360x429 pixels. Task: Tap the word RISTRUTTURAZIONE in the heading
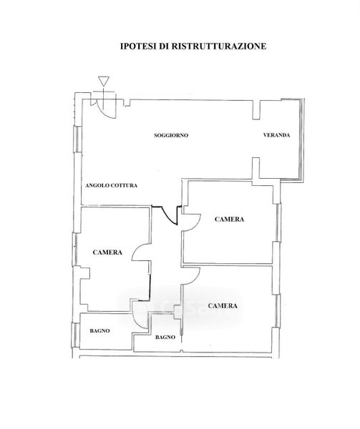coord(219,46)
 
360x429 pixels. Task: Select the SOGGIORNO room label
coord(171,135)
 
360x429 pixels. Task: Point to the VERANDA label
coord(276,135)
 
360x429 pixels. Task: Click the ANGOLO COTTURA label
coord(111,185)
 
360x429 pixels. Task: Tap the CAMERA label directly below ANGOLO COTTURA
coord(107,252)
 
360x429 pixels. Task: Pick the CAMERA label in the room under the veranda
coord(230,220)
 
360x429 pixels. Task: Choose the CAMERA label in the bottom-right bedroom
coord(223,305)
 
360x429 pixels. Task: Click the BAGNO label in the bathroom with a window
coord(99,331)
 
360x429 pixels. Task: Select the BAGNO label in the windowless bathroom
coord(165,337)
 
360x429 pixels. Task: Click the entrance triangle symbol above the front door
coord(104,82)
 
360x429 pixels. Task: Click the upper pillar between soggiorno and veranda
coord(256,109)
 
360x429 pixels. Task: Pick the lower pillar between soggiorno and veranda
coord(256,168)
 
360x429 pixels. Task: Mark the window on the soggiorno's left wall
coord(78,139)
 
